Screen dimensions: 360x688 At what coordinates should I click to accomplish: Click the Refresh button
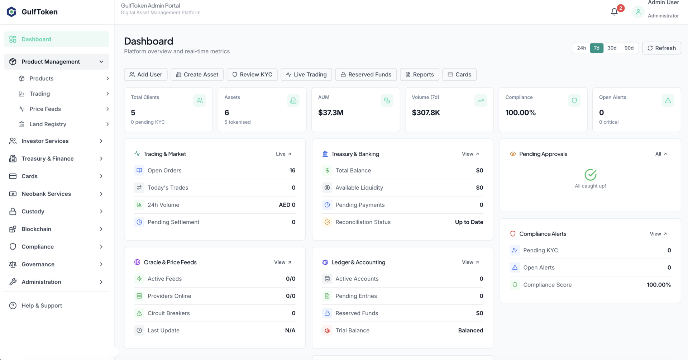click(x=661, y=48)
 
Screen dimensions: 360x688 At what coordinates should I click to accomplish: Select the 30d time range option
click(x=612, y=48)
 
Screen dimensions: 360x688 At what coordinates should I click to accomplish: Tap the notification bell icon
click(x=614, y=12)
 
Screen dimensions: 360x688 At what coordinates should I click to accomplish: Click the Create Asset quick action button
click(x=197, y=75)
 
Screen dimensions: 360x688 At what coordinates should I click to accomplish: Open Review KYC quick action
click(x=252, y=75)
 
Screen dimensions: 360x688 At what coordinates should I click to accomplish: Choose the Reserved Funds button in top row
click(x=366, y=75)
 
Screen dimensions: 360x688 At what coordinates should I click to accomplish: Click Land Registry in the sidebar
click(x=48, y=124)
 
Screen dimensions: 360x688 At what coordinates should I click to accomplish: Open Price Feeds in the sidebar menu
click(x=45, y=109)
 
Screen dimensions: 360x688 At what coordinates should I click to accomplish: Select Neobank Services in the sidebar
click(x=46, y=194)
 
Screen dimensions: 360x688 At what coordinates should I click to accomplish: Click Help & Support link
click(x=42, y=305)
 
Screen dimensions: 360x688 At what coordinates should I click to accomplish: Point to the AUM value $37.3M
click(x=331, y=113)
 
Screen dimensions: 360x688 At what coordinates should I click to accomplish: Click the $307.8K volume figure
click(x=426, y=113)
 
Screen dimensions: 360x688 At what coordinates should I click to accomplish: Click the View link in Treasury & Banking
click(x=470, y=154)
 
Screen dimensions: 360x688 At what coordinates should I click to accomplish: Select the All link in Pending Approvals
click(x=661, y=154)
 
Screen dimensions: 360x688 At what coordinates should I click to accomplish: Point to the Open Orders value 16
click(x=292, y=170)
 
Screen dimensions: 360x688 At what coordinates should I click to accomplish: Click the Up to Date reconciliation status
click(x=469, y=222)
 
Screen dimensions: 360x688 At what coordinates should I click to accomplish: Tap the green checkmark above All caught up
click(x=590, y=175)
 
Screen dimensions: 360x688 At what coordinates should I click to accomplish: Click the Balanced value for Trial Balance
click(x=470, y=330)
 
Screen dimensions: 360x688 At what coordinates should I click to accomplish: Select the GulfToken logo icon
click(x=11, y=12)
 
